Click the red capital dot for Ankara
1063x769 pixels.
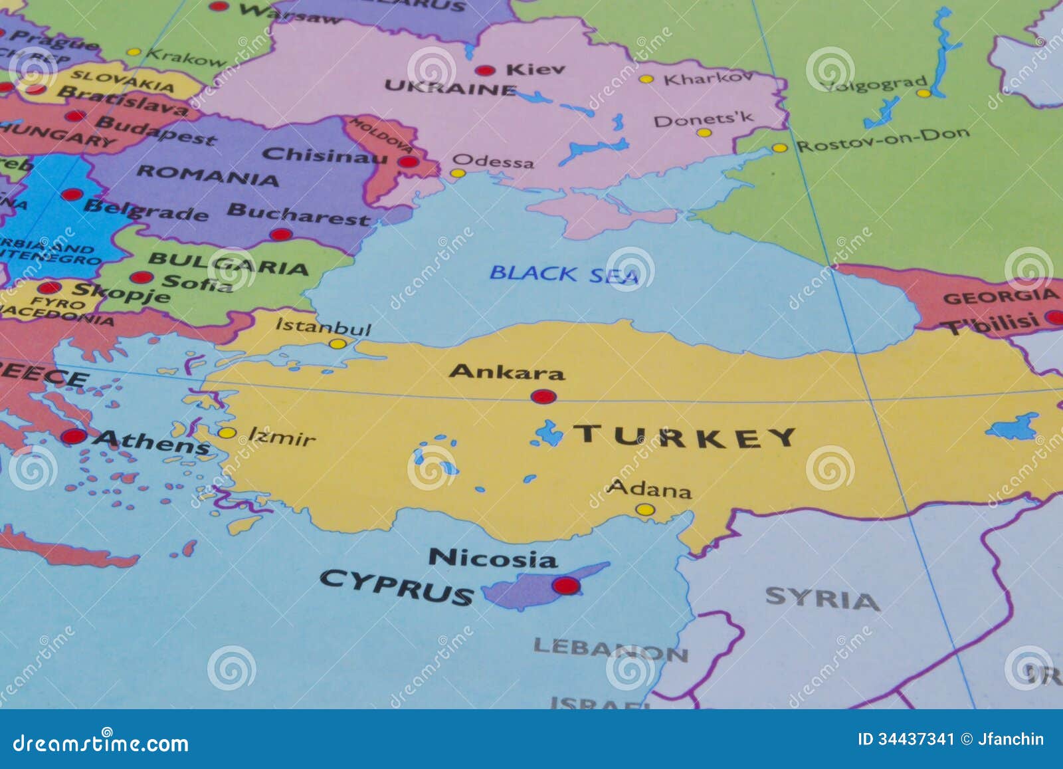[x=543, y=397]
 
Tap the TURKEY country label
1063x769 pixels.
[x=684, y=436]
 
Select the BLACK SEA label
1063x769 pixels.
[x=563, y=274]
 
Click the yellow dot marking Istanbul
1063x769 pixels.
[x=338, y=344]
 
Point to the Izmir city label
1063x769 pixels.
[x=282, y=437]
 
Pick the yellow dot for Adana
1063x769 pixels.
[x=644, y=510]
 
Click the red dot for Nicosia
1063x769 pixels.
[x=566, y=586]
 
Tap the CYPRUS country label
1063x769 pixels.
[x=397, y=587]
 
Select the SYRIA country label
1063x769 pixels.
[x=822, y=598]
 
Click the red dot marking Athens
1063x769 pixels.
[x=74, y=437]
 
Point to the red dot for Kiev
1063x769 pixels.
[x=485, y=70]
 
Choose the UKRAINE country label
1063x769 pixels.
[x=450, y=87]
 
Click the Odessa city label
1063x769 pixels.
[x=492, y=162]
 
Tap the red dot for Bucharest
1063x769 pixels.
[x=281, y=234]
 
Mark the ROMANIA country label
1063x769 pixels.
[x=207, y=175]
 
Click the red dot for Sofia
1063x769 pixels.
[x=141, y=277]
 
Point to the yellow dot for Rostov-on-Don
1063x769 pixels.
[x=779, y=148]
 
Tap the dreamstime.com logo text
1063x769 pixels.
[x=101, y=742]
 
